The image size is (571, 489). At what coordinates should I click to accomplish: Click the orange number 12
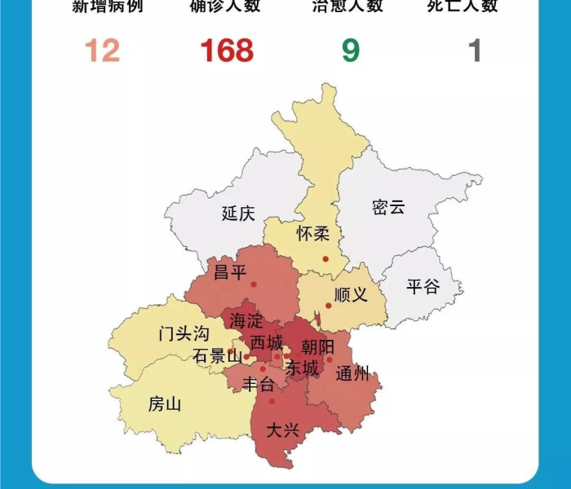pos(103,51)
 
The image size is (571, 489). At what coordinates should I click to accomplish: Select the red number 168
pos(227,51)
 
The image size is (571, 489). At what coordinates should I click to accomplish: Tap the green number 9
pos(350,51)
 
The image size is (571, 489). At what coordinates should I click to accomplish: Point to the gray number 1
pos(475,51)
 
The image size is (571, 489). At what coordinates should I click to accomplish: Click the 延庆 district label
pos(238,214)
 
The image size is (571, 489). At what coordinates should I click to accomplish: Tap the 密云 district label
pos(388,207)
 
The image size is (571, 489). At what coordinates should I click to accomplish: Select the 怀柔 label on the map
pos(313,235)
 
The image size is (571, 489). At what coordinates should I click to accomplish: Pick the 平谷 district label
pos(423,286)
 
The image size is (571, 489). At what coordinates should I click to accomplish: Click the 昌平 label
pos(229,271)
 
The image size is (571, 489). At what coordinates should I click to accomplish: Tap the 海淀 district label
pos(246,320)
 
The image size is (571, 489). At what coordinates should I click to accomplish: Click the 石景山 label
pos(217,356)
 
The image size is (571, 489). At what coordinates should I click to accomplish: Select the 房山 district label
pos(165,403)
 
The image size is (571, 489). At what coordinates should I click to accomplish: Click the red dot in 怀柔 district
pos(325,259)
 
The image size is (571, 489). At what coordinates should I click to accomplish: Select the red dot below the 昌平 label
pos(254,284)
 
